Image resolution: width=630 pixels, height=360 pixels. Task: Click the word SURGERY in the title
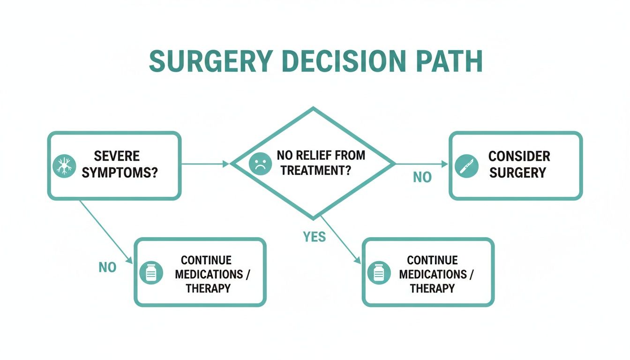point(210,61)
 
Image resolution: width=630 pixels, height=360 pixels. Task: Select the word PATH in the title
point(450,61)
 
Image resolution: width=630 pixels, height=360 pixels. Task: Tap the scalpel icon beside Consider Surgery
point(466,166)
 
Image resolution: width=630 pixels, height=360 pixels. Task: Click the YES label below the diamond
point(314,237)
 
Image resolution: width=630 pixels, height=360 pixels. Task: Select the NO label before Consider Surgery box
point(422,178)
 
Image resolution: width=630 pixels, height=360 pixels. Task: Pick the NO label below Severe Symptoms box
point(107,267)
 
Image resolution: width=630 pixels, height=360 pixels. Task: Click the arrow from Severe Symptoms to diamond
point(205,164)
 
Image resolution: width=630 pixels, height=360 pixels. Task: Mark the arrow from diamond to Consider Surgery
point(421,164)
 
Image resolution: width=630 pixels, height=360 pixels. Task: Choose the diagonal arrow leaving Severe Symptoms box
point(105,230)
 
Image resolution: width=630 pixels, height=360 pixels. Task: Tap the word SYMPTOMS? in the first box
point(120,172)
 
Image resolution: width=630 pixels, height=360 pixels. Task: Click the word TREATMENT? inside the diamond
point(316,171)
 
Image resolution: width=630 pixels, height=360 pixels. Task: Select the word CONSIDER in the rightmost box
point(519,156)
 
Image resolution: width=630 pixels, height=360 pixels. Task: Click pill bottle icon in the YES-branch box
point(379,272)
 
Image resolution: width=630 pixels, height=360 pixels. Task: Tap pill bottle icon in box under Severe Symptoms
point(151,272)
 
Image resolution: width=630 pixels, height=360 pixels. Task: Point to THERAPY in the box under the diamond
point(432,288)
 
